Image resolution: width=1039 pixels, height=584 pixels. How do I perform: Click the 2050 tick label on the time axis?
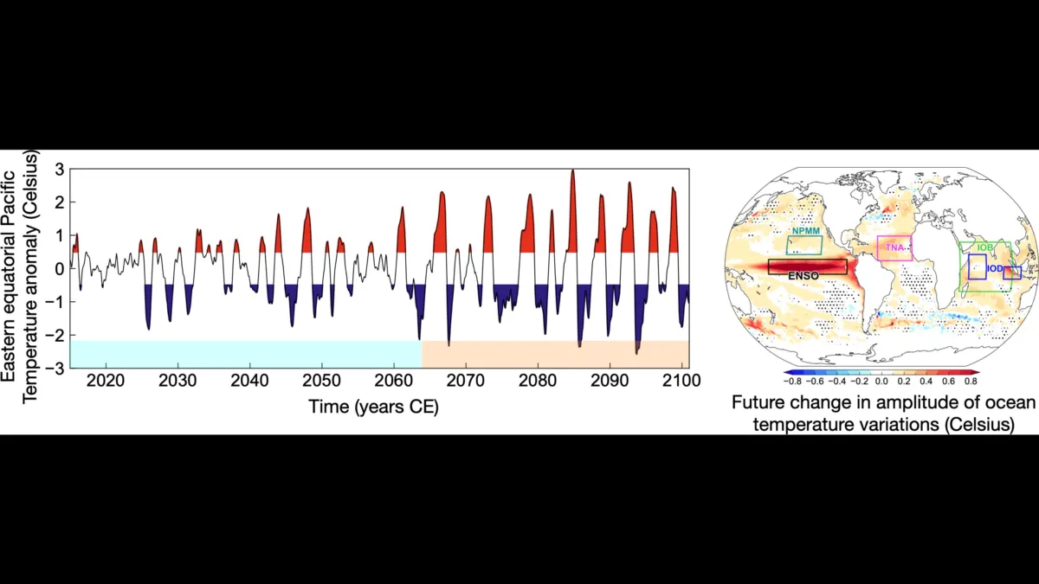(x=321, y=382)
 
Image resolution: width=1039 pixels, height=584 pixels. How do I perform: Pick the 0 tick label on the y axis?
(x=61, y=269)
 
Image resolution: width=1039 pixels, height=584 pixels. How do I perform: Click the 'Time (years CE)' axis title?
(x=373, y=406)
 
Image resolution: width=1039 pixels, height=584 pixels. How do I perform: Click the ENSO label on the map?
(x=803, y=275)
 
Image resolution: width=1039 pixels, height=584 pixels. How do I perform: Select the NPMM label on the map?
(x=805, y=232)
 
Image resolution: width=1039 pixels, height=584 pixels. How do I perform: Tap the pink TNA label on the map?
(x=893, y=248)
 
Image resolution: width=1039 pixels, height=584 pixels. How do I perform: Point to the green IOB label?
(x=984, y=248)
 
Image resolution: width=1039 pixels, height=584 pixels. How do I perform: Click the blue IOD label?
(x=996, y=269)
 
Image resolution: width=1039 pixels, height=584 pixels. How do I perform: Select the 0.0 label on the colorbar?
(x=881, y=380)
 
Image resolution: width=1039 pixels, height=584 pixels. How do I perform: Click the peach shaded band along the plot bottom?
(x=555, y=353)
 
